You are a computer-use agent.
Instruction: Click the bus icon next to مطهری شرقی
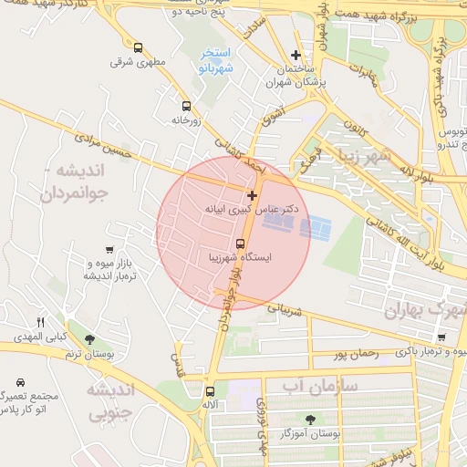(x=138, y=48)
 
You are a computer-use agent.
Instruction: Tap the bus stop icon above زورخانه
(x=187, y=106)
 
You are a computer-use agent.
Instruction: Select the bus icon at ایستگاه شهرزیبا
(x=240, y=244)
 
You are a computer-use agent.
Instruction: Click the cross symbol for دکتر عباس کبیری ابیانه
(x=252, y=195)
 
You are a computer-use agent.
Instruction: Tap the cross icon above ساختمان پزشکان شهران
(x=295, y=55)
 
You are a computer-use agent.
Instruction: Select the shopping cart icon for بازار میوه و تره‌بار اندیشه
(x=110, y=250)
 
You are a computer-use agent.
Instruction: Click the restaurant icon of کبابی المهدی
(x=39, y=322)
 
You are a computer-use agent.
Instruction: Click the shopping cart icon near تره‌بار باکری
(x=441, y=337)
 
